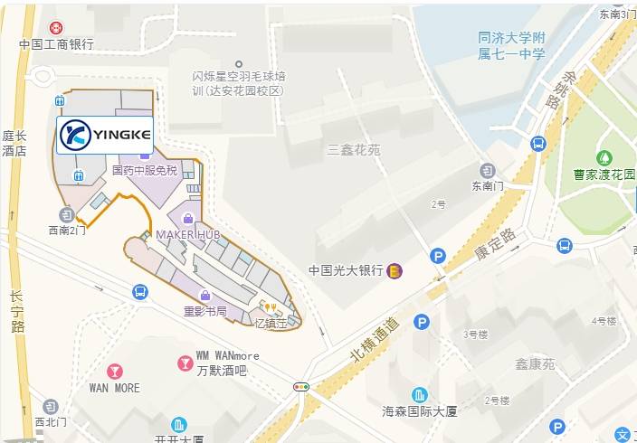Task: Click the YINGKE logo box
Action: point(104,136)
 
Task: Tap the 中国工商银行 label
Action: point(57,44)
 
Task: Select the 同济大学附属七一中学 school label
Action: point(512,45)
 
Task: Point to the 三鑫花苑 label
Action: point(354,150)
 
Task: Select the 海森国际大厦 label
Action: point(420,411)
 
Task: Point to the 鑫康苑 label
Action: point(535,364)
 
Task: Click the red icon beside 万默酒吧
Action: point(184,363)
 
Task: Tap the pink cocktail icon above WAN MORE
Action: point(115,371)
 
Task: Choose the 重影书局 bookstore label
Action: point(204,312)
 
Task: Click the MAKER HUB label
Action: point(188,234)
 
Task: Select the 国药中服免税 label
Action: point(145,170)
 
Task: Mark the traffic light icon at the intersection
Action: point(301,387)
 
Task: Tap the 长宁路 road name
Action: point(17,312)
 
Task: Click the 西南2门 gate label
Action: point(68,231)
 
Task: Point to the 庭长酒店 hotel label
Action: point(14,144)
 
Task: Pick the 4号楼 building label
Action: point(604,321)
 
